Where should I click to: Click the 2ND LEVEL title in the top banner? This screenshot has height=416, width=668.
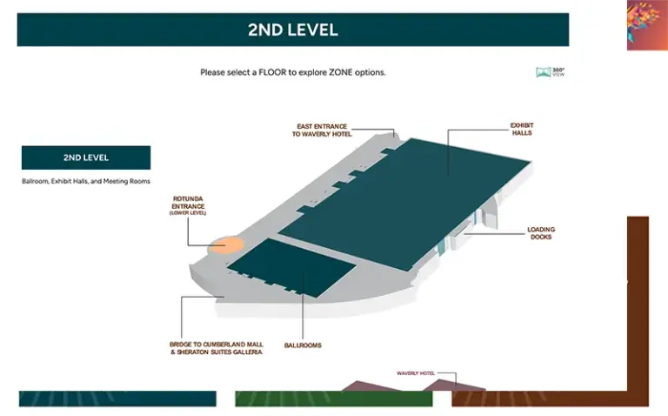tap(292, 30)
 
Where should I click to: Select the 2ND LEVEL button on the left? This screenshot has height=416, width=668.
tap(85, 158)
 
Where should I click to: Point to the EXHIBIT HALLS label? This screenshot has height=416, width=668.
tap(521, 129)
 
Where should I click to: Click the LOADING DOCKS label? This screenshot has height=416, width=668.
tap(540, 233)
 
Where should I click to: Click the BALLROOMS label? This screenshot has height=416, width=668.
tap(303, 346)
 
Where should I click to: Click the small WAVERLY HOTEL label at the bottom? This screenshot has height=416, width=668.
tap(415, 373)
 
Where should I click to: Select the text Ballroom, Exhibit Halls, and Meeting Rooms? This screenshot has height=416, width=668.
tap(86, 181)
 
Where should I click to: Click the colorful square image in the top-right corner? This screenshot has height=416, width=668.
tap(646, 24)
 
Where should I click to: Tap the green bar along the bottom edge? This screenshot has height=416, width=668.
tap(333, 399)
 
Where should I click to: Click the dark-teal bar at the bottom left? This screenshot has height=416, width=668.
tap(117, 399)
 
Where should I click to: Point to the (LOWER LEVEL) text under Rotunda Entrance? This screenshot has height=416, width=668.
tap(188, 213)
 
